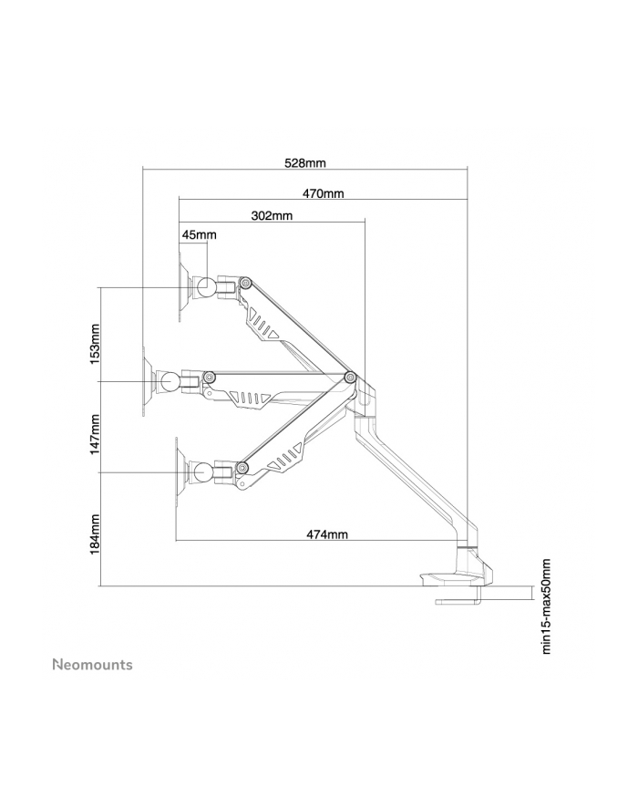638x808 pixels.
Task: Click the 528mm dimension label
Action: click(x=304, y=163)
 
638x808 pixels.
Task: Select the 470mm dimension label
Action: click(x=323, y=193)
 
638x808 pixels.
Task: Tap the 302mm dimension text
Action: click(x=272, y=215)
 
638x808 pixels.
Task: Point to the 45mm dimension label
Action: click(x=199, y=235)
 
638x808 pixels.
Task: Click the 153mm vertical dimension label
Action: click(x=95, y=344)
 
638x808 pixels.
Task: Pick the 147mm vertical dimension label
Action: click(x=95, y=434)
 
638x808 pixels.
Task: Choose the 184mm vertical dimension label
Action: click(x=95, y=535)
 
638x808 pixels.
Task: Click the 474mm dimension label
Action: click(x=327, y=534)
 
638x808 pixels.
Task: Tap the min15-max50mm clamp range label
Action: click(x=546, y=606)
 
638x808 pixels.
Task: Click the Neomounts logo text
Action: click(x=93, y=665)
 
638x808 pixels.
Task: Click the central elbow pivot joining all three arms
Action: click(x=350, y=377)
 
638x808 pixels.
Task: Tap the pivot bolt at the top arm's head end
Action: click(x=245, y=282)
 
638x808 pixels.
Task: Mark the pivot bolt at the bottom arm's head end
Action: click(x=242, y=468)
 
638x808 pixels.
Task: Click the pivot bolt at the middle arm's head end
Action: click(x=209, y=378)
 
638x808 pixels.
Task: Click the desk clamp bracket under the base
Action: click(x=458, y=596)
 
